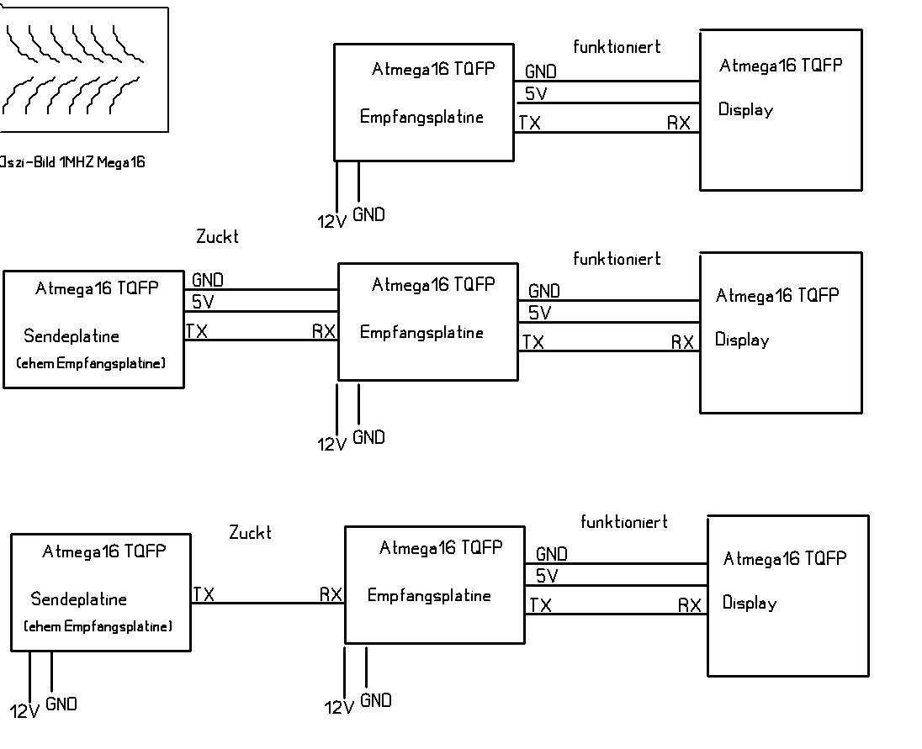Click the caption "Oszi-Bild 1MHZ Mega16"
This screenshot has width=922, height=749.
point(73,163)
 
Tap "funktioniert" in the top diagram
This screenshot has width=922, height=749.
point(617,47)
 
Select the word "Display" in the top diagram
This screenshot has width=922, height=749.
point(745,110)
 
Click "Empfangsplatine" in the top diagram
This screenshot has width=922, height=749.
point(421,117)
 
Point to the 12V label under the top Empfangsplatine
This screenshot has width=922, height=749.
point(331,222)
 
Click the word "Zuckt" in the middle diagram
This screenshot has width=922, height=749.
point(217,237)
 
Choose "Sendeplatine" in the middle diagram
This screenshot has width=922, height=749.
point(72,336)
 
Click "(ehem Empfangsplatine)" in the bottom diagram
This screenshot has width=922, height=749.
point(98,626)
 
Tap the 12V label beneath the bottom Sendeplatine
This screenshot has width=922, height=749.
point(24,711)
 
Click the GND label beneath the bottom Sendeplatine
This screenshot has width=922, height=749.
point(61,704)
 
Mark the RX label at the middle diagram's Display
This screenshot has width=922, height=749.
point(682,342)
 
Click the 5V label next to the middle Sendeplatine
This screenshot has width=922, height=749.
point(203,302)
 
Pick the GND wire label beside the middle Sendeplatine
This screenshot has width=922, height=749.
point(208,280)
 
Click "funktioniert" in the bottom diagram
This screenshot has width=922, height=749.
point(624,522)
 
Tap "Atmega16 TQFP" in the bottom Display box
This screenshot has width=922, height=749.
point(784,558)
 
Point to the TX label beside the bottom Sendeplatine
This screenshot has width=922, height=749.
point(204,595)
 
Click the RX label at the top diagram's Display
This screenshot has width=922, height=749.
point(679,124)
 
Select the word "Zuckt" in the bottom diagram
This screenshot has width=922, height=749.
point(250,533)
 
